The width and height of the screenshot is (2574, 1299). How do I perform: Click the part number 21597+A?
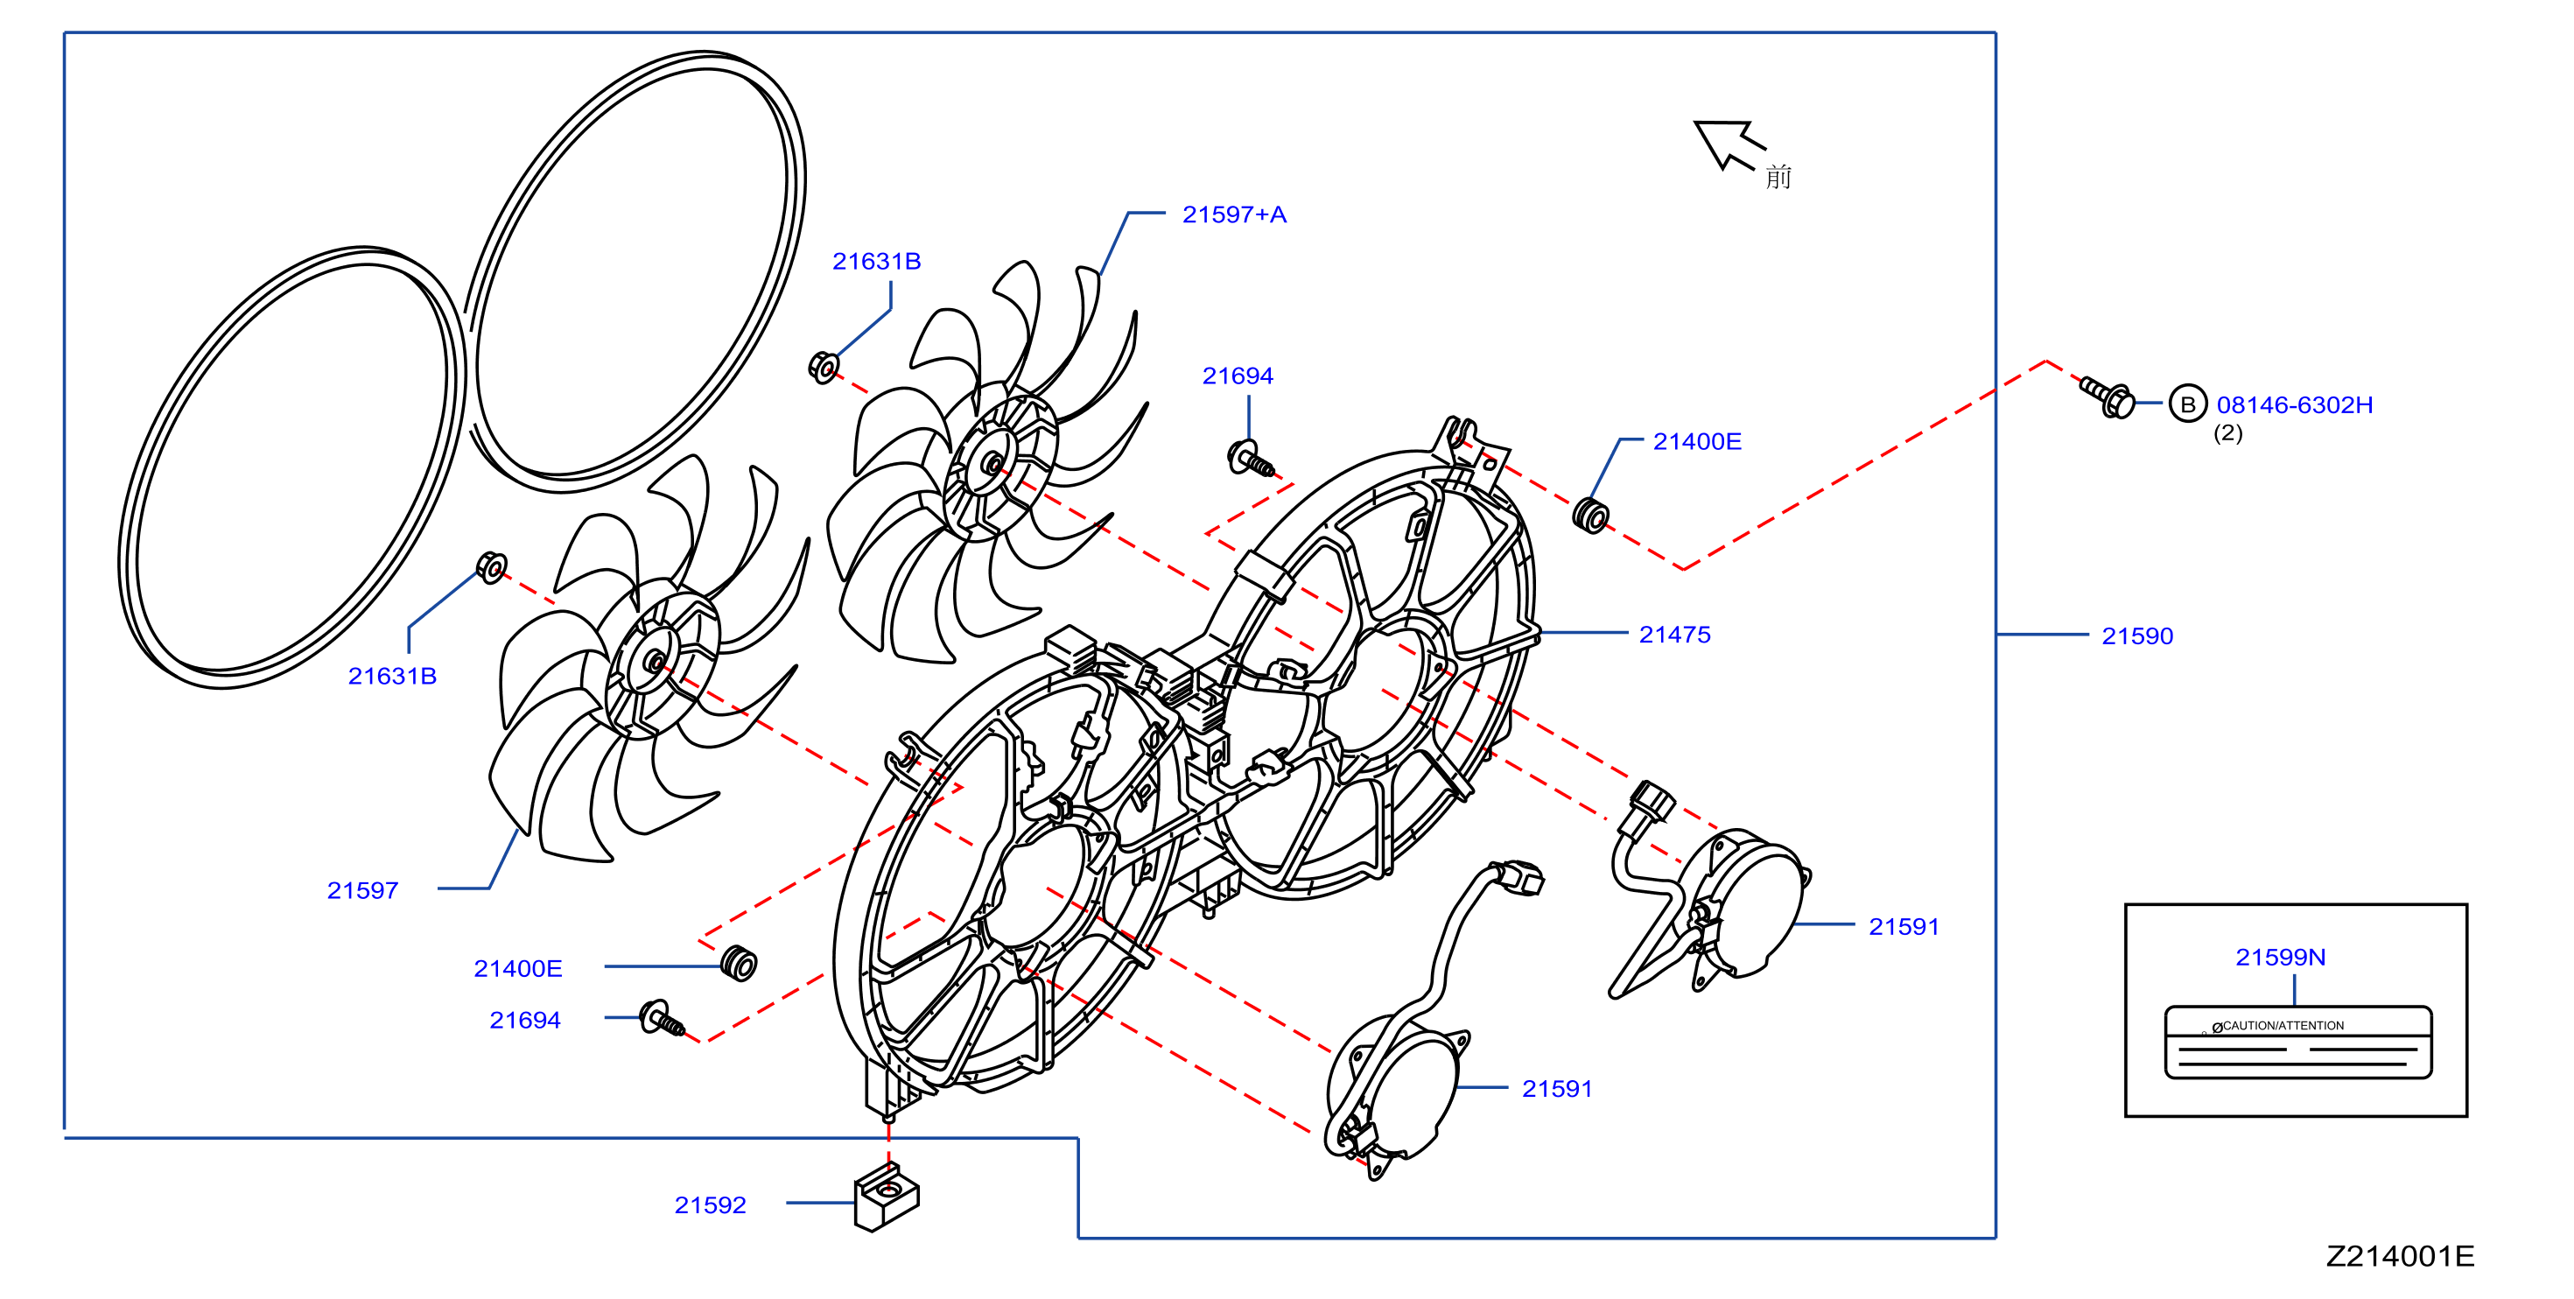pos(1234,214)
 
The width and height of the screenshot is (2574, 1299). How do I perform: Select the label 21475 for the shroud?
pos(1674,635)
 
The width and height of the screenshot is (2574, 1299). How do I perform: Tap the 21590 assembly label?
pos(2137,636)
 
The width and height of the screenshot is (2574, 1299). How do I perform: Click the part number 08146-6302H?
pos(2294,404)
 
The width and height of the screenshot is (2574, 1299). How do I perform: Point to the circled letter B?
pos(2187,404)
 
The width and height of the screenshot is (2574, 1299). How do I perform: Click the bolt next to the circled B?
pos(2108,397)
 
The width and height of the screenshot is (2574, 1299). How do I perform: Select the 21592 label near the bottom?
pos(710,1205)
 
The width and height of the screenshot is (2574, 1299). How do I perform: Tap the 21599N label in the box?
pos(2280,958)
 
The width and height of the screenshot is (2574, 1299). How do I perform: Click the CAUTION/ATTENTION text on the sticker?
pos(2283,1025)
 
